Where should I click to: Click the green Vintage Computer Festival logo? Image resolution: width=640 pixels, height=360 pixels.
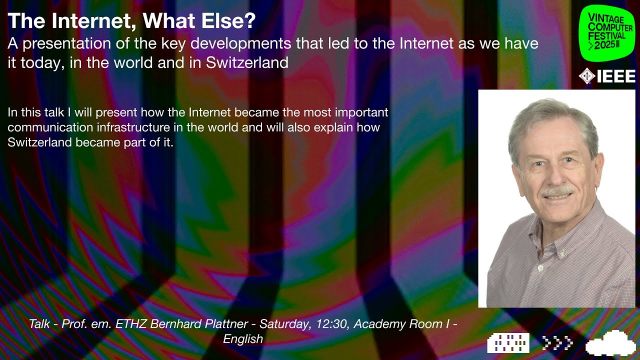[605, 31]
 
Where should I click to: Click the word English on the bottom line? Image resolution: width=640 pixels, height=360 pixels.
[244, 339]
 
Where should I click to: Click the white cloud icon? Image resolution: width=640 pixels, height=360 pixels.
[610, 344]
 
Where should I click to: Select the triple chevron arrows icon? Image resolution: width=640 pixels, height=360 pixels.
[556, 344]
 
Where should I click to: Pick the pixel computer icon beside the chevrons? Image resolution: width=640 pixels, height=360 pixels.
[508, 344]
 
